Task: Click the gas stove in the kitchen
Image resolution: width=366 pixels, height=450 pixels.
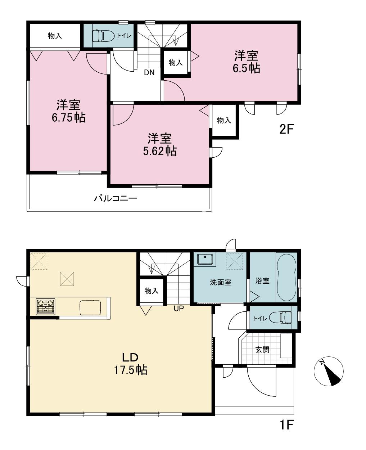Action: coord(45,307)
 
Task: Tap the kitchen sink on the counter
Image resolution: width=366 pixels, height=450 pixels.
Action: coord(90,307)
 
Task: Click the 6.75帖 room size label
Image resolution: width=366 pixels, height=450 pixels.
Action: coord(69,118)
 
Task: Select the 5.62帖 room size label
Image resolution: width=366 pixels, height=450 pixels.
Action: coord(160,151)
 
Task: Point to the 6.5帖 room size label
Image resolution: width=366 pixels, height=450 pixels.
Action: coord(247,68)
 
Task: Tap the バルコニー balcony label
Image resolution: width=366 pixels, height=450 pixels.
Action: coord(116,198)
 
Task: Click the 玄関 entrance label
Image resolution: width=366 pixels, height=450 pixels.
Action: coord(262,350)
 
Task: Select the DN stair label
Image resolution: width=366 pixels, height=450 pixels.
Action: coord(149,72)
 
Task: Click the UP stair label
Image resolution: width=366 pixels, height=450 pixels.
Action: coord(179,309)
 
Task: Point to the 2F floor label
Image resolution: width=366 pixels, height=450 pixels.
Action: coord(286,129)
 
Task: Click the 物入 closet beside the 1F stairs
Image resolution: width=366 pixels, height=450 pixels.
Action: coord(152,291)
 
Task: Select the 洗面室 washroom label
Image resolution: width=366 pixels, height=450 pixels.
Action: coord(221,283)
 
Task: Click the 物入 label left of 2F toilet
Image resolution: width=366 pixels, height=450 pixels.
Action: coord(55,36)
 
